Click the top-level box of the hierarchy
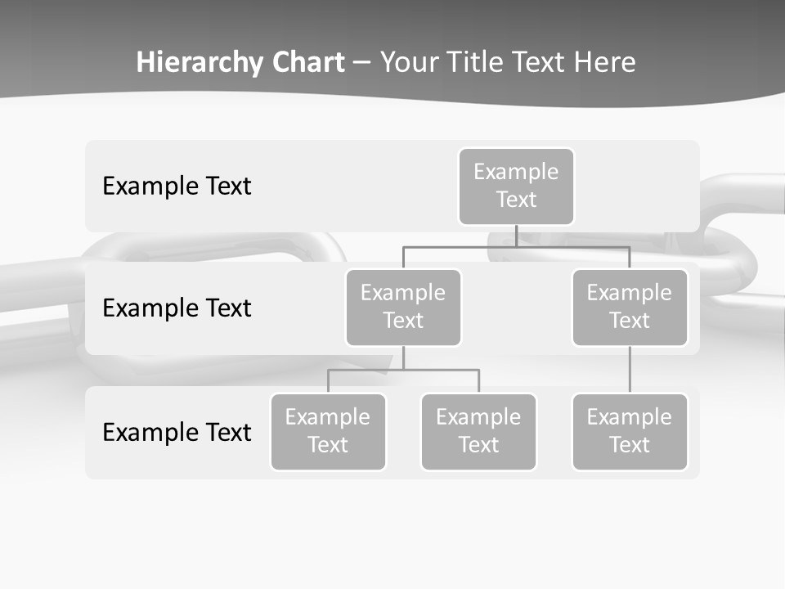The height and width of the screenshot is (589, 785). tap(516, 187)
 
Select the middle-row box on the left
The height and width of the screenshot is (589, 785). tap(403, 308)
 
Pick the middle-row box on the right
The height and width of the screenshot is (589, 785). tap(630, 308)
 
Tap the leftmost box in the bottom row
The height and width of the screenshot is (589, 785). tap(328, 432)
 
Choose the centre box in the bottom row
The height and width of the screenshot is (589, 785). tap(478, 432)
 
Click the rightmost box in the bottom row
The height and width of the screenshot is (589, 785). tap(630, 432)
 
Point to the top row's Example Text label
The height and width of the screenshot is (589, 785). tap(177, 187)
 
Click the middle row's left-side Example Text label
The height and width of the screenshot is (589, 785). tap(177, 308)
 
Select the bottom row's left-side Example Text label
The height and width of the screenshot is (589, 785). tap(177, 433)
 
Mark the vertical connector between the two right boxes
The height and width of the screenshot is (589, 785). tap(630, 370)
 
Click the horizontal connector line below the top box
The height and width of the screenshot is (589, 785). tap(516, 247)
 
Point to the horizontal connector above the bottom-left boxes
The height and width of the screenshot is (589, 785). tap(403, 370)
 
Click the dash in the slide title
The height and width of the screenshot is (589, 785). tap(362, 63)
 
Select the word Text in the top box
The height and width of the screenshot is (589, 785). tap(516, 200)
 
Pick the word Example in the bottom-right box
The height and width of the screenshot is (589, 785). tap(630, 417)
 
